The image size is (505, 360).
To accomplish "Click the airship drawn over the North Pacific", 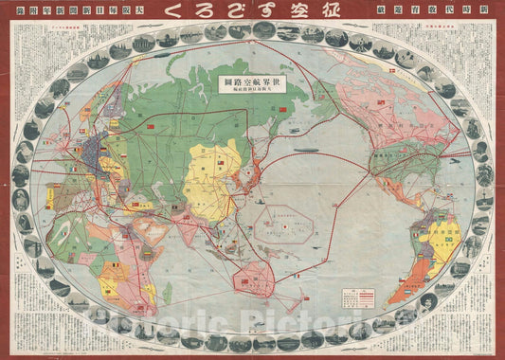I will (x=306, y=149).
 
